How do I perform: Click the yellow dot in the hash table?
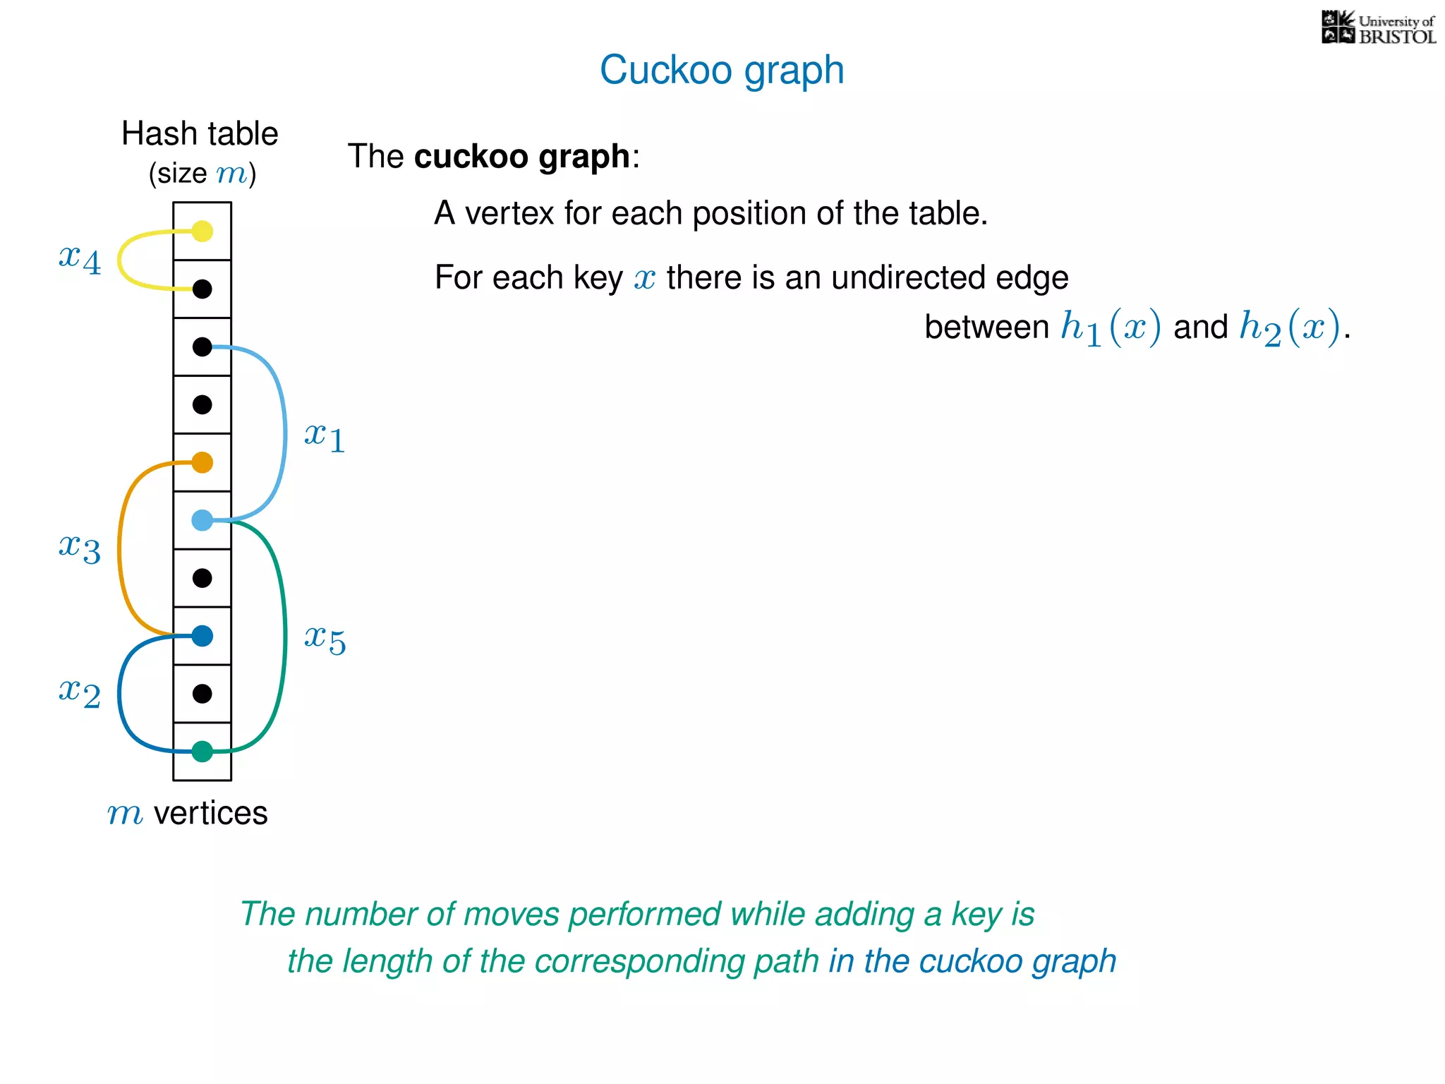[202, 231]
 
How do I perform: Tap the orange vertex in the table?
[202, 462]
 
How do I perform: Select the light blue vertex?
[202, 520]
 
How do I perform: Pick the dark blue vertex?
[202, 636]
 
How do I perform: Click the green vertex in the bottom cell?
[202, 752]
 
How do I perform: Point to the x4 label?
[80, 258]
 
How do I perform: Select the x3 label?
[80, 548]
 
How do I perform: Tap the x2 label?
[80, 692]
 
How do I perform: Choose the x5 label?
[325, 639]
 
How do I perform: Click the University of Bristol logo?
[1378, 28]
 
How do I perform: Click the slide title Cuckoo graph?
[722, 70]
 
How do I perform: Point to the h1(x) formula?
[1111, 327]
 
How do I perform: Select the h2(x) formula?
[1290, 327]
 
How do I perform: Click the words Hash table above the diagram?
[200, 133]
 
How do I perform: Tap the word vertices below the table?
[210, 813]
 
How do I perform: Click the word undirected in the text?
[907, 277]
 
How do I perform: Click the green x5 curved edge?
[284, 635]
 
